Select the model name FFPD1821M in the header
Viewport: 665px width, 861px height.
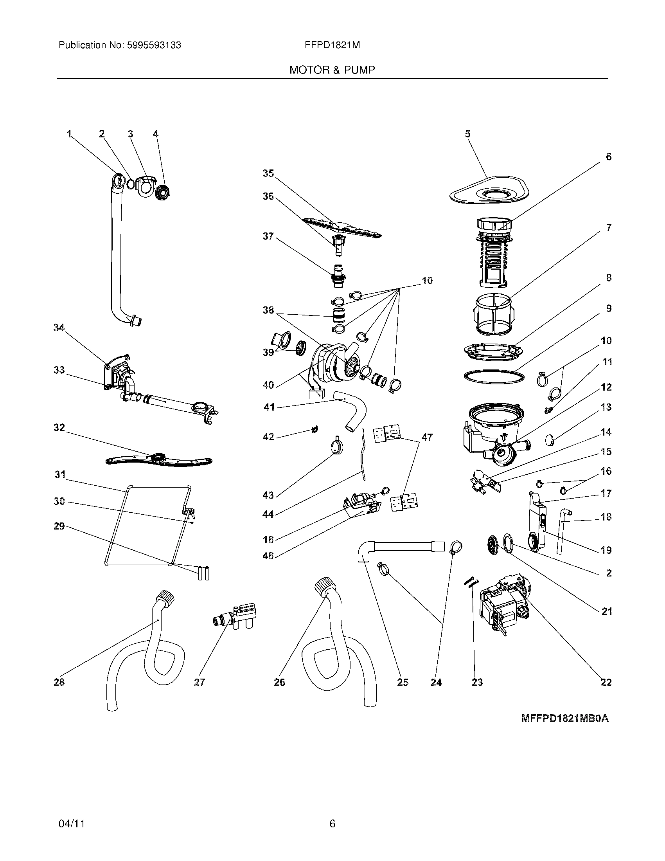tap(332, 45)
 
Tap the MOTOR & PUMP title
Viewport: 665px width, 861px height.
tap(332, 70)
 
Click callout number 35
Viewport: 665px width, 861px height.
tap(268, 173)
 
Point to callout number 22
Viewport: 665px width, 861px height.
tap(606, 683)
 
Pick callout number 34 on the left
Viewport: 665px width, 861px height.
tap(59, 328)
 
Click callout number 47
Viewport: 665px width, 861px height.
tap(427, 437)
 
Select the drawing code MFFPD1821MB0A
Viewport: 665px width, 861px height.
tap(564, 719)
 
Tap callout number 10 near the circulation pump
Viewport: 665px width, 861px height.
tap(427, 281)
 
